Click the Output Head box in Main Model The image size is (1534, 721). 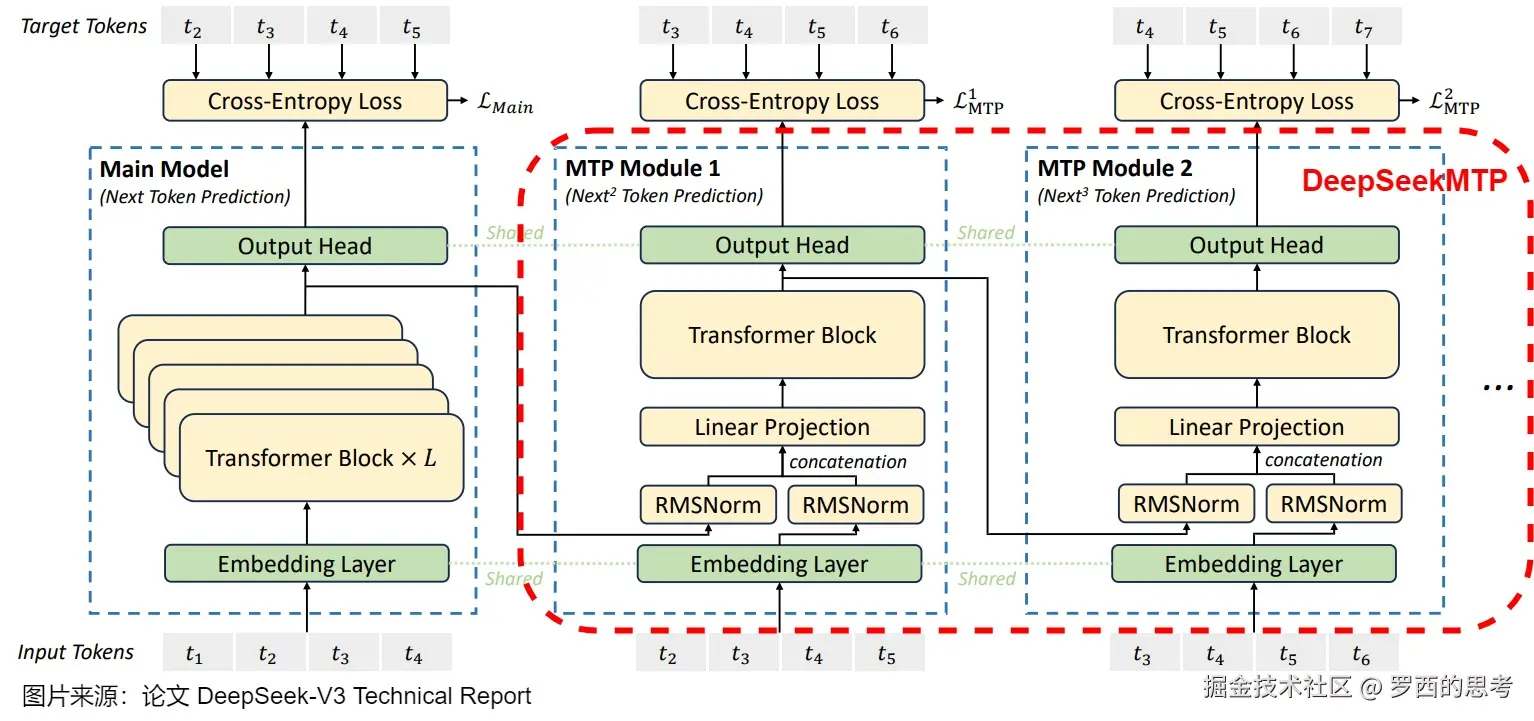[305, 246]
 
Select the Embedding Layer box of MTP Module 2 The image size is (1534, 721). [1253, 564]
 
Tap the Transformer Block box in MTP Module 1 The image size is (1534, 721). [782, 335]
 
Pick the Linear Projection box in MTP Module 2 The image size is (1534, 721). [1256, 427]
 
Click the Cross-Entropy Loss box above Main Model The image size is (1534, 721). [305, 101]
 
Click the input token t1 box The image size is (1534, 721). [194, 655]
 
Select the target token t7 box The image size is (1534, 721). [1364, 28]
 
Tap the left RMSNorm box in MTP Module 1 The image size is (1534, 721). [708, 505]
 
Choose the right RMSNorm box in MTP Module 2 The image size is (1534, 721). [1333, 504]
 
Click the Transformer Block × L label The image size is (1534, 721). [321, 458]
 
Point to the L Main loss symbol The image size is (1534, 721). [504, 104]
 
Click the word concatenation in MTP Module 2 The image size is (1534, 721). [1323, 460]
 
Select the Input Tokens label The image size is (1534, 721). [76, 653]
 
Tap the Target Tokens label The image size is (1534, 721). [84, 27]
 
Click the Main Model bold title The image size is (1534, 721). [164, 169]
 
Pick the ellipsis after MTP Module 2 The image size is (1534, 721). [1497, 385]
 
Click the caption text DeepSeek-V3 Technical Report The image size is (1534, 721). [364, 696]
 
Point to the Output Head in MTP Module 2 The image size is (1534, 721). [1256, 245]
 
